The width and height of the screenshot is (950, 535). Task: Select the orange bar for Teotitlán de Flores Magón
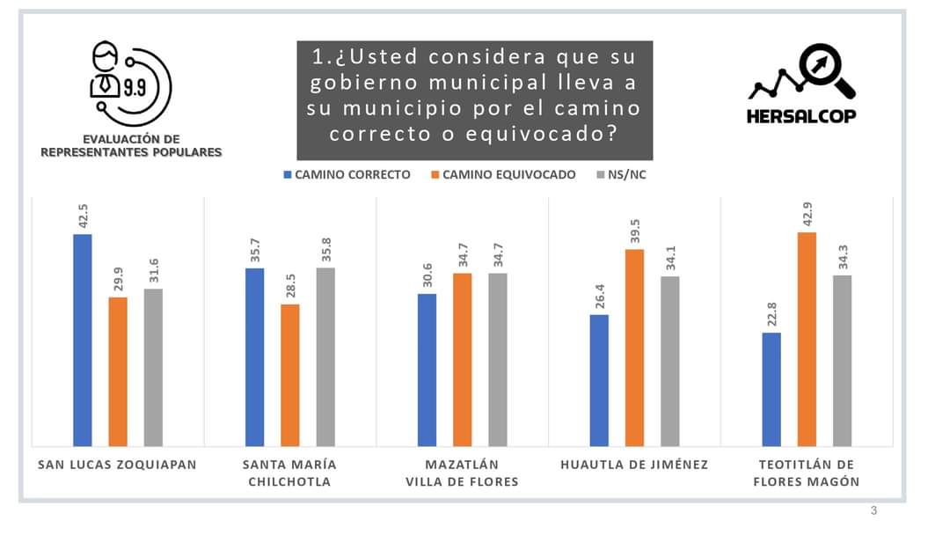pyautogui.click(x=807, y=339)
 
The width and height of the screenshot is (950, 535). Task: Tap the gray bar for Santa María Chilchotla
pyautogui.click(x=325, y=356)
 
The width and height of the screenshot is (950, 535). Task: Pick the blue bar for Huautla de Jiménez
pyautogui.click(x=599, y=379)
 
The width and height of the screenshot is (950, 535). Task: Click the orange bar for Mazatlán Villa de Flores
pyautogui.click(x=462, y=359)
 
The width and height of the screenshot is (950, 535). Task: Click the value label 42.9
pyautogui.click(x=807, y=215)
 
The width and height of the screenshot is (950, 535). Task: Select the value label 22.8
pyautogui.click(x=771, y=315)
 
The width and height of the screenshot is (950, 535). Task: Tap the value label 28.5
pyautogui.click(x=290, y=287)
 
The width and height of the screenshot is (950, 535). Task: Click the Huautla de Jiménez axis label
pyautogui.click(x=633, y=465)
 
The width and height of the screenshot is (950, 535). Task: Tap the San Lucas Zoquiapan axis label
pyautogui.click(x=117, y=465)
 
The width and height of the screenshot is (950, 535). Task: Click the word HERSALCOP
pyautogui.click(x=800, y=116)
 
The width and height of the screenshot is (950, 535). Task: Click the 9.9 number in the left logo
pyautogui.click(x=135, y=87)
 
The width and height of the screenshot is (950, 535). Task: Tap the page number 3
pyautogui.click(x=873, y=510)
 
